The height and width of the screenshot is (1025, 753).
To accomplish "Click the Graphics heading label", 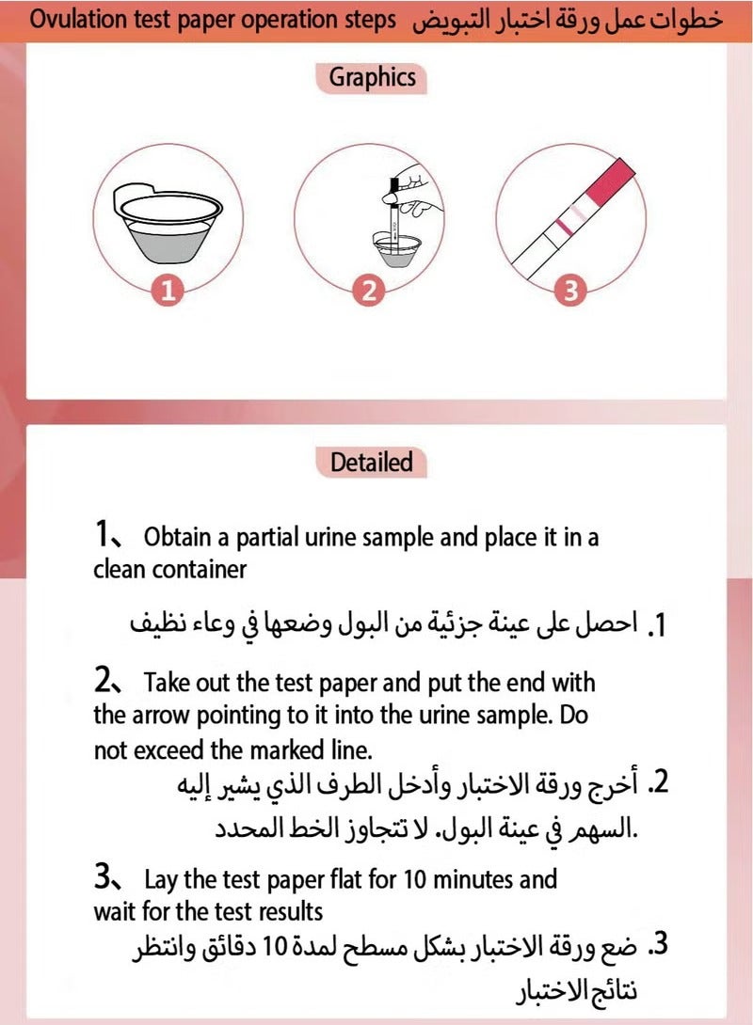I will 372,77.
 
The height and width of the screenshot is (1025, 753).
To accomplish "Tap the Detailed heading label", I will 372,462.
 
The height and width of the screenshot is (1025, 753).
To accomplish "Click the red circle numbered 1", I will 168,292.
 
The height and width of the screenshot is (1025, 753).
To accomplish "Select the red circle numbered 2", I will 369,292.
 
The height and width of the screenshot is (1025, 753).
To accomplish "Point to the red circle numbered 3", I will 569,292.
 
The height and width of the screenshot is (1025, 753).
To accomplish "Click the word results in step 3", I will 292,912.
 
